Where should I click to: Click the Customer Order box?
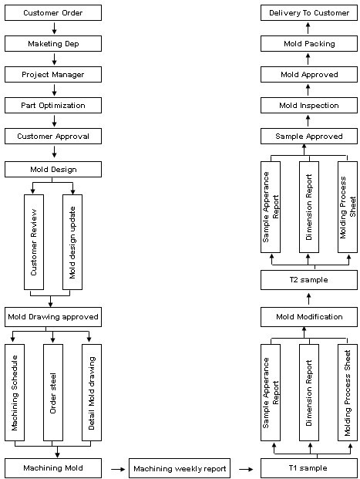pyautogui.click(x=53, y=13)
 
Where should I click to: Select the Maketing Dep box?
pyautogui.click(x=53, y=44)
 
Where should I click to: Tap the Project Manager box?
pyautogui.click(x=53, y=75)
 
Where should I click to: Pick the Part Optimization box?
pyautogui.click(x=53, y=106)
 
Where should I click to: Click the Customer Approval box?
pyautogui.click(x=53, y=137)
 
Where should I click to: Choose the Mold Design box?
pyautogui.click(x=53, y=170)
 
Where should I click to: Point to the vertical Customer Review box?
pyautogui.click(x=34, y=242)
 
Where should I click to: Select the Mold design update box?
pyautogui.click(x=72, y=242)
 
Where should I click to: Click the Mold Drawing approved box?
pyautogui.click(x=53, y=317)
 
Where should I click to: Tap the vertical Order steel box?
pyautogui.click(x=53, y=393)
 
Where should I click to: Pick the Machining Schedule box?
pyautogui.click(x=15, y=393)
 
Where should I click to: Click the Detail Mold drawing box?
pyautogui.click(x=92, y=393)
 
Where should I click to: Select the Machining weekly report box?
pyautogui.click(x=180, y=468)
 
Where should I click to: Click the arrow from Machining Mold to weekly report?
pyautogui.click(x=118, y=469)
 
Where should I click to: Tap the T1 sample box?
pyautogui.click(x=309, y=468)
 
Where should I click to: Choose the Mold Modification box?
pyautogui.click(x=309, y=317)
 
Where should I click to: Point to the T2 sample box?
pyautogui.click(x=309, y=280)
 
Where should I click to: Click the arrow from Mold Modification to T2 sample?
pyautogui.click(x=308, y=299)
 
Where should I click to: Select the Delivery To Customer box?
pyautogui.click(x=309, y=13)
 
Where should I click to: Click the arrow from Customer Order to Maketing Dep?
pyautogui.click(x=55, y=28)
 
